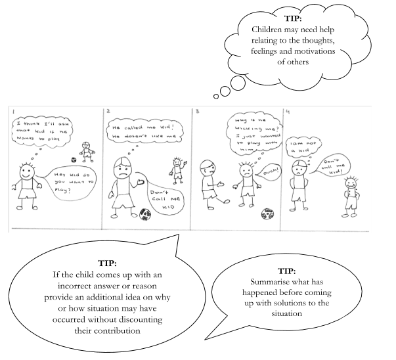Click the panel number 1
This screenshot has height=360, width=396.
point(14,112)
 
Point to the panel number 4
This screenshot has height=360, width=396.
point(290,112)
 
